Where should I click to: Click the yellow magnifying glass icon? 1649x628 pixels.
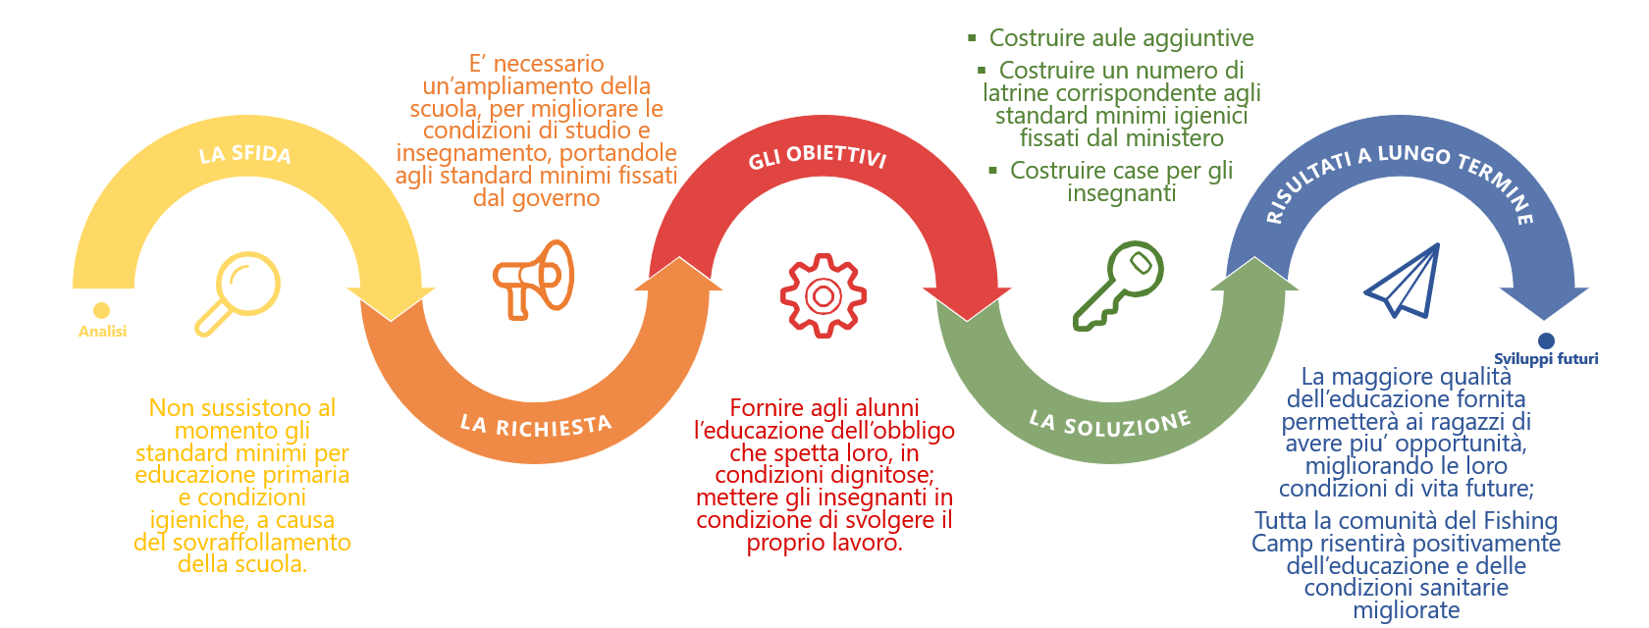coord(239,292)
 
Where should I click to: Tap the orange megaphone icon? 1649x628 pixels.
coord(533,279)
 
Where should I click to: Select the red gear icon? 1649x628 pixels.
coord(823,295)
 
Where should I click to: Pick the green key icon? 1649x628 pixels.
coord(1118,285)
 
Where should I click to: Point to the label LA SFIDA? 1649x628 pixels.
coord(245,154)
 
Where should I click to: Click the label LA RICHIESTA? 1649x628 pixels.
coord(536,425)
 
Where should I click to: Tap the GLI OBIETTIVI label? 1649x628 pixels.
coord(818,157)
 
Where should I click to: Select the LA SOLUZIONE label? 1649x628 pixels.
coord(1109,423)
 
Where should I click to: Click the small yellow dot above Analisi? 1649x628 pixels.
coord(101,310)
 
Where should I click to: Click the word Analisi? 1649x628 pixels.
coord(102,332)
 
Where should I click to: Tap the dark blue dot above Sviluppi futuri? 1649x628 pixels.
coord(1547,340)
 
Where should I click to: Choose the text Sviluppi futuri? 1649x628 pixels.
coord(1546,359)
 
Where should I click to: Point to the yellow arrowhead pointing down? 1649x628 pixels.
coord(391,304)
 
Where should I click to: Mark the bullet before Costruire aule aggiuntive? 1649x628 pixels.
coord(972,38)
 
